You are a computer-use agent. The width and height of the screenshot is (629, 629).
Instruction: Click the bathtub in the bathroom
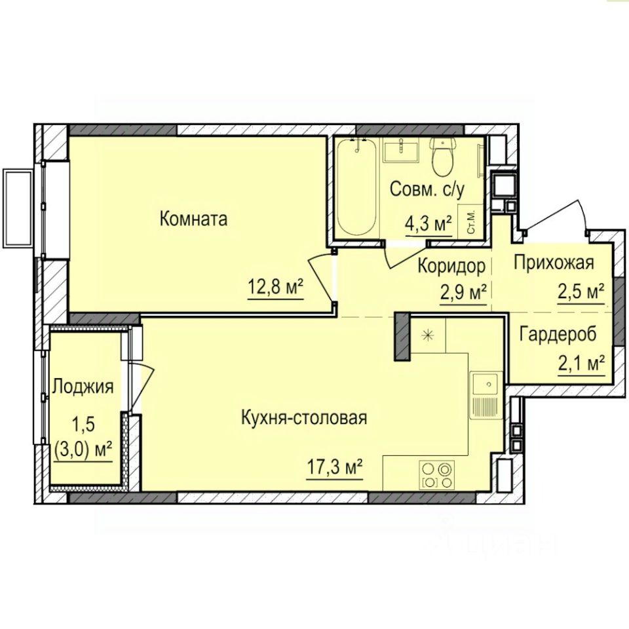pos(356,187)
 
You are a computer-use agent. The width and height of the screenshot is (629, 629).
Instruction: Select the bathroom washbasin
pos(400,150)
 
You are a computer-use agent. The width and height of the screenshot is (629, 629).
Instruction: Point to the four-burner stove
pos(437,474)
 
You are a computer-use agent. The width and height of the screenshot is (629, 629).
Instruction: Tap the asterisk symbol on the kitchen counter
pos(429,334)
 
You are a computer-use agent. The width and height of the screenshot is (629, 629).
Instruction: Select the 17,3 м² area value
pos(335,467)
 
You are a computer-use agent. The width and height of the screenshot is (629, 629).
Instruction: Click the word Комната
pos(193,219)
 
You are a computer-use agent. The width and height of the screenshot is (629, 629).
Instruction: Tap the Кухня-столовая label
pos(304,417)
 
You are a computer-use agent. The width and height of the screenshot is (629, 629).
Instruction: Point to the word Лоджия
pos(83,387)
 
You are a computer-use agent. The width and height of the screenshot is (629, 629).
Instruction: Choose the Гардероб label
pos(558,334)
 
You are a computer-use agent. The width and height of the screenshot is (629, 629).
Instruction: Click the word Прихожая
pos(554,263)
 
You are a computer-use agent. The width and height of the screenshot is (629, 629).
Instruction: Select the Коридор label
pos(451,266)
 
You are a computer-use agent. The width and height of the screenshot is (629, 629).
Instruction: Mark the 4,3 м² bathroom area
pos(429,224)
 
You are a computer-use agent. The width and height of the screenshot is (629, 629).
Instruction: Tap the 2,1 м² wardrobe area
pos(581,364)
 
